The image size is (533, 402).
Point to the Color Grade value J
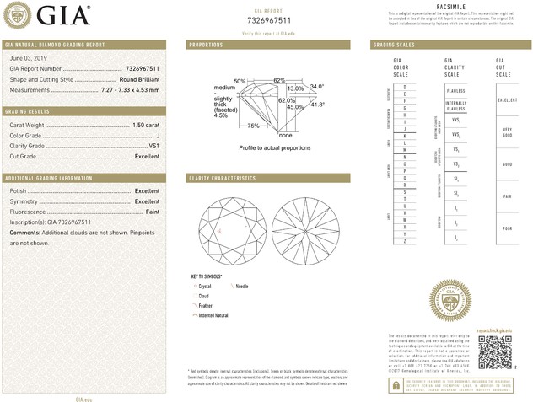(x=158, y=135)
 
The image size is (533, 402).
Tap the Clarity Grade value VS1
(x=153, y=146)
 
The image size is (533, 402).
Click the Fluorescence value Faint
(x=151, y=212)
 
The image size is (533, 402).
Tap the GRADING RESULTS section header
(x=29, y=111)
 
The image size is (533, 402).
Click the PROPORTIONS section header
(x=206, y=44)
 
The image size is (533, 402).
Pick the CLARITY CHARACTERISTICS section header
(x=222, y=179)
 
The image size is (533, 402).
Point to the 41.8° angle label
(x=318, y=105)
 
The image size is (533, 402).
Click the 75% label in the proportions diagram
(x=253, y=126)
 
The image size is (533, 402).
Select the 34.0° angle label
(x=316, y=87)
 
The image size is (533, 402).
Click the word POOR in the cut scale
(x=506, y=228)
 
